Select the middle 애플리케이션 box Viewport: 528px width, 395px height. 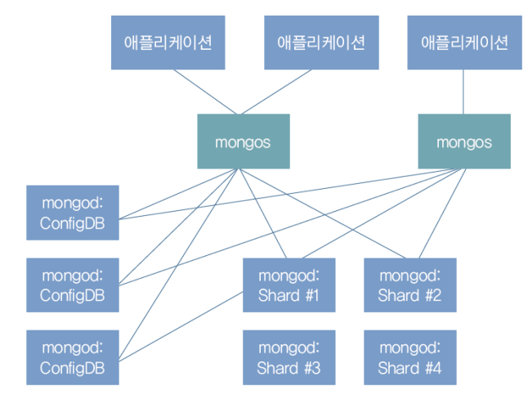pos(321,43)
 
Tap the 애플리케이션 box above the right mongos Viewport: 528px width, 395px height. pos(464,43)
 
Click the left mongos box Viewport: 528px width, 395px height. pos(243,141)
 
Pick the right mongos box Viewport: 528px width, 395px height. pos(464,141)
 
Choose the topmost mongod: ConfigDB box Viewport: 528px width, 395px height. pos(72,213)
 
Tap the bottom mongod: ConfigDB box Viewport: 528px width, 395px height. pos(72,357)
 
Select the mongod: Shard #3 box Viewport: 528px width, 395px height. pos(289,357)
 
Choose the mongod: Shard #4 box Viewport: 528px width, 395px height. pos(409,357)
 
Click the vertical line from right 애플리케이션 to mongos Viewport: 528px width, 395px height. pos(464,92)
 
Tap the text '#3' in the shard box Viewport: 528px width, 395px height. pos(311,368)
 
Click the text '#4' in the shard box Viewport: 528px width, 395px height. pos(432,368)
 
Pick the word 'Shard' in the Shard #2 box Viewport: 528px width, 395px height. pos(398,295)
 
